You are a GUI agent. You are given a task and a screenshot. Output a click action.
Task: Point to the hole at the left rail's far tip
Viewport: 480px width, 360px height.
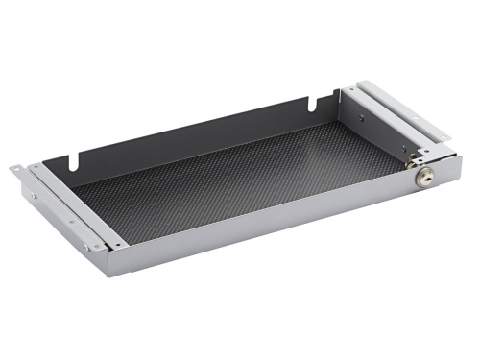click(16, 170)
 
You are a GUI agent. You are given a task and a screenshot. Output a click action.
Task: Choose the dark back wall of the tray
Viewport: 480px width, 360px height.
click(192, 130)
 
